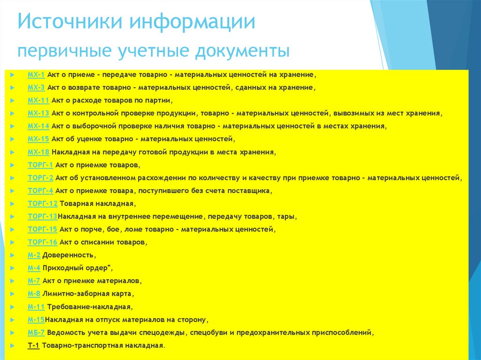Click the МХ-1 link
point(36,75)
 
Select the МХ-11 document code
point(38,100)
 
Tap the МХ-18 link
point(38,152)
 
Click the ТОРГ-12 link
point(42,204)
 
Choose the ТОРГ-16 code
point(42,242)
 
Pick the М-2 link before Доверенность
point(34,255)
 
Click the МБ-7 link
point(36,332)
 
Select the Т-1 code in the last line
point(34,345)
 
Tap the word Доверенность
point(69,255)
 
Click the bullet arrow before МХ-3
point(12,88)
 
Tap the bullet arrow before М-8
point(12,294)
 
